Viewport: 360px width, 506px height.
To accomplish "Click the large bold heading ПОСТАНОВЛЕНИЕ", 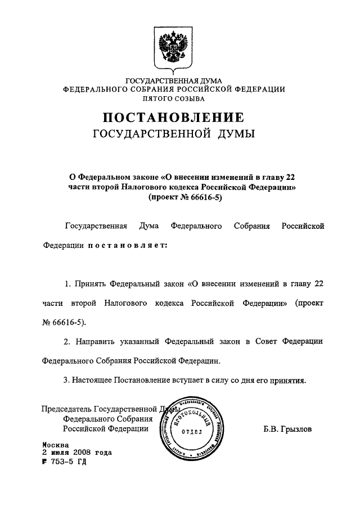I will [x=174, y=118].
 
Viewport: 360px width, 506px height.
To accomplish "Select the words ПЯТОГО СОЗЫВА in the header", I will [x=174, y=98].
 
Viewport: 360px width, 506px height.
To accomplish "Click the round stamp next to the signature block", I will [x=193, y=429].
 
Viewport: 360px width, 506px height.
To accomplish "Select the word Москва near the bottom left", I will [x=55, y=444].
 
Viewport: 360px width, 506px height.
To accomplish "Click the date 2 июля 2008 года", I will [x=77, y=452].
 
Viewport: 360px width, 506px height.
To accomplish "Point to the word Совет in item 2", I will [x=261, y=341].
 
